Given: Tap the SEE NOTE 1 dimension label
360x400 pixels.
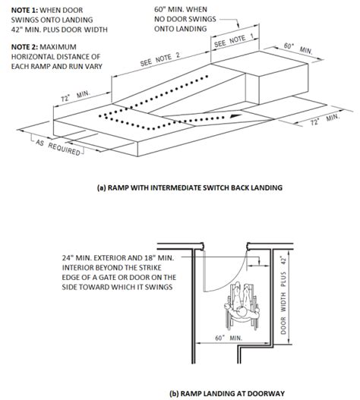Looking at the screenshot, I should tap(233, 42).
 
